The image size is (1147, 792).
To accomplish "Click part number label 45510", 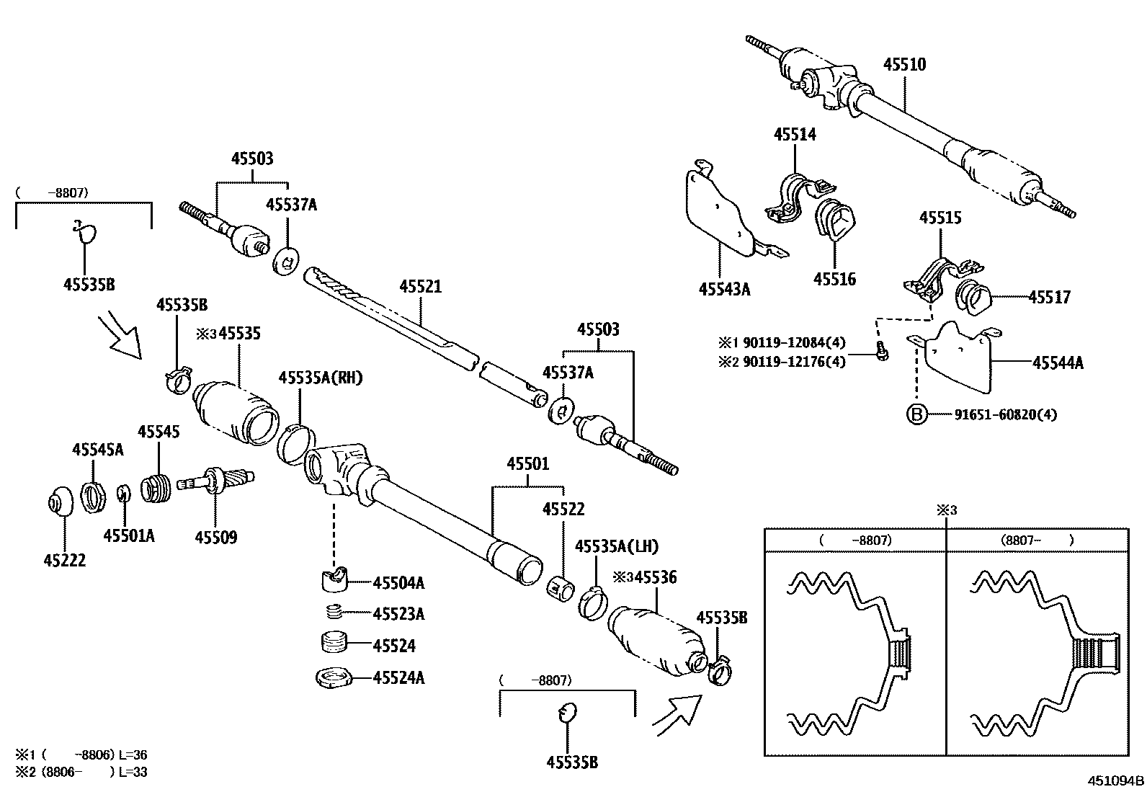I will pos(904,65).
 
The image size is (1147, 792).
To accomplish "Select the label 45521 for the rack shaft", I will pos(420,287).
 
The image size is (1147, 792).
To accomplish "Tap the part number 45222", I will pos(64,560).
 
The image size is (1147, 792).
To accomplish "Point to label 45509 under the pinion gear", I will pos(215,538).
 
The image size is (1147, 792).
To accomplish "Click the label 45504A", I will pos(398,582).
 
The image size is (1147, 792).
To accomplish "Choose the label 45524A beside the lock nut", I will pos(398,677).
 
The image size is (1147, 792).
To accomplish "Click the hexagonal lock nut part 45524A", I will pos(333,677).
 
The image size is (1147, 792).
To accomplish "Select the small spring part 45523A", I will pos(333,613).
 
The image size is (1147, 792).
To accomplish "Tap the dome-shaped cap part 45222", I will pos(59,502).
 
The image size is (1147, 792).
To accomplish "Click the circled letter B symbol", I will pos(916,414).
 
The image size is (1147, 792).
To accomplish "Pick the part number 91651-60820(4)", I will pos(1006,414).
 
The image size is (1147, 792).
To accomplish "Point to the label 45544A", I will pos(1057,363).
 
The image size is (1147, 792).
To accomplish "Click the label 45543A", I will pos(724,290).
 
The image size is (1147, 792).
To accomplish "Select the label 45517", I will pos(1049,297).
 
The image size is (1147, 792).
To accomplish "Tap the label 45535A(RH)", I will pos(321,378).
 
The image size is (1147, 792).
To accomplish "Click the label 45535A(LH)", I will pos(616,546).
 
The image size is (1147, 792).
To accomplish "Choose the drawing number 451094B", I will pos(1115,780).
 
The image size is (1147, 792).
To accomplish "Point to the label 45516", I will pos(834,279).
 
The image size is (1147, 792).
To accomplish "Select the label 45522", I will pos(563,510).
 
